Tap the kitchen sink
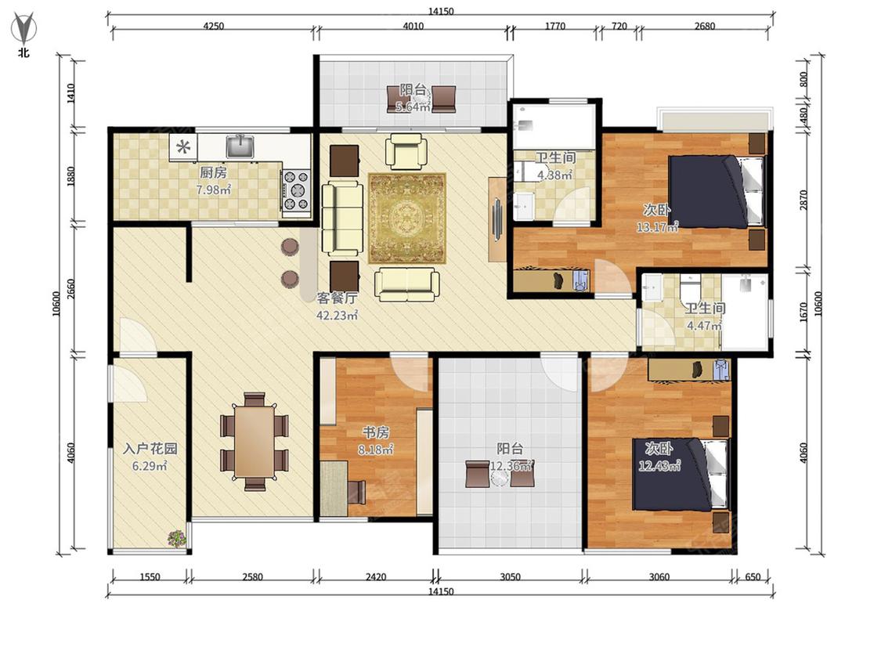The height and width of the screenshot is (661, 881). pyautogui.click(x=240, y=146)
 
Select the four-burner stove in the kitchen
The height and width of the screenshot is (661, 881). pyautogui.click(x=296, y=190)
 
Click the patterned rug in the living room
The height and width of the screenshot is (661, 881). pyautogui.click(x=406, y=218)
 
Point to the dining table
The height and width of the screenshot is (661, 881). pyautogui.click(x=255, y=441)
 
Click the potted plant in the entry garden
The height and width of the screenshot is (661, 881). pyautogui.click(x=177, y=539)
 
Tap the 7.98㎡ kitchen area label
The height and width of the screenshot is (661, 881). pyautogui.click(x=214, y=190)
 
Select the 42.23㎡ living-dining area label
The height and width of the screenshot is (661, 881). pyautogui.click(x=337, y=316)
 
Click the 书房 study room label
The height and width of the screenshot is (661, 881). pyautogui.click(x=376, y=432)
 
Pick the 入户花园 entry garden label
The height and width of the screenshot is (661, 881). pyautogui.click(x=150, y=449)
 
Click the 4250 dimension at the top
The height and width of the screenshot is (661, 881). pyautogui.click(x=213, y=26)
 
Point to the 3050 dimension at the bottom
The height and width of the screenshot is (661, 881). pyautogui.click(x=510, y=576)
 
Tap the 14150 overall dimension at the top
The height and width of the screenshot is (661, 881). pyautogui.click(x=441, y=11)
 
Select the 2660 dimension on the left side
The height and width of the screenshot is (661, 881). pyautogui.click(x=70, y=290)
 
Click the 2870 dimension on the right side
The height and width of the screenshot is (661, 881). pyautogui.click(x=803, y=200)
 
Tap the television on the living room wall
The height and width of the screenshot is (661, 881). pyautogui.click(x=497, y=219)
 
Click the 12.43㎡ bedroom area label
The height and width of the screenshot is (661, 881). pyautogui.click(x=659, y=466)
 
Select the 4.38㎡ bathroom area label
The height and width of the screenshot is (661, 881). pyautogui.click(x=554, y=175)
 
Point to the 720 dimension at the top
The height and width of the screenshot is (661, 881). pyautogui.click(x=619, y=26)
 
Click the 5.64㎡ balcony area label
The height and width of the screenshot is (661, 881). pyautogui.click(x=413, y=107)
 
